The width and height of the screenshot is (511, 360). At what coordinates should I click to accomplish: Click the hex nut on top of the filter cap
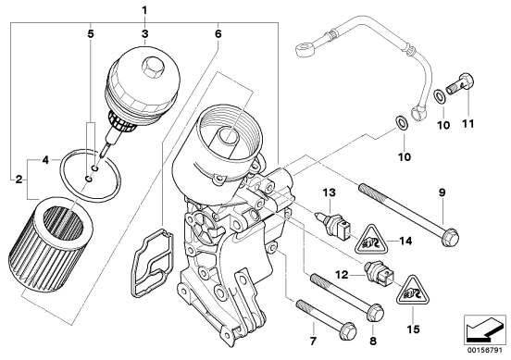click(153, 68)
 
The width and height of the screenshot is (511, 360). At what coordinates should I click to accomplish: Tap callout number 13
click(330, 192)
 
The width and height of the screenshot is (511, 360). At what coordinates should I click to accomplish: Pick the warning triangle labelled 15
click(413, 292)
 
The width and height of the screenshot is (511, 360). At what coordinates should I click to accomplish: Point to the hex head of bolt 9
click(450, 238)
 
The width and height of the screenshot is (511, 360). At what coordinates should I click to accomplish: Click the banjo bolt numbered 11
click(459, 83)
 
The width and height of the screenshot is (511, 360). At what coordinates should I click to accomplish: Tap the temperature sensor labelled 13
click(333, 223)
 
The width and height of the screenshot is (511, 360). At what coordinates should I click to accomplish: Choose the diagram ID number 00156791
click(485, 351)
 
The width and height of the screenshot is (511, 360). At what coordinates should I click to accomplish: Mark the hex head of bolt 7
click(347, 330)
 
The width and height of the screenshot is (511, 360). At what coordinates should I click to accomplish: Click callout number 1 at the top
click(144, 11)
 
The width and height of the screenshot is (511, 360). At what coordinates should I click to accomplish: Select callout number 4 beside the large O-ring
click(45, 160)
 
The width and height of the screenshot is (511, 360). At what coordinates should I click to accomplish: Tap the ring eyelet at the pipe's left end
click(304, 49)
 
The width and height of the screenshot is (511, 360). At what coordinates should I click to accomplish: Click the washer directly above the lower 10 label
click(402, 123)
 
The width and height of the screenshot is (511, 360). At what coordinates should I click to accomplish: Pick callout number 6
click(218, 33)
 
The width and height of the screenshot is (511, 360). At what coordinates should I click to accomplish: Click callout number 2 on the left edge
click(19, 179)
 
